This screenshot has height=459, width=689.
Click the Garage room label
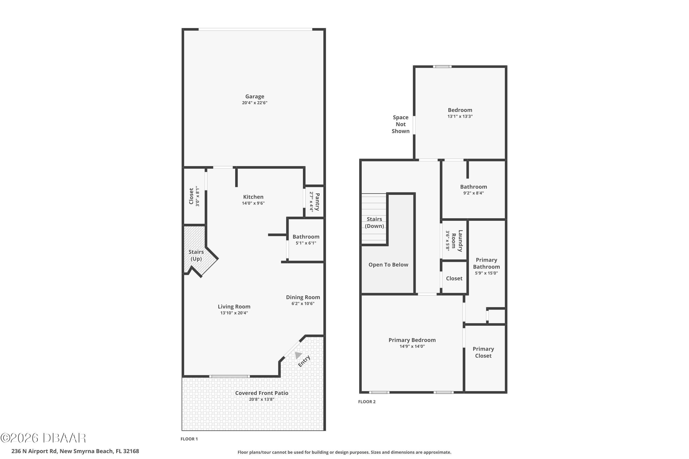pos(254,96)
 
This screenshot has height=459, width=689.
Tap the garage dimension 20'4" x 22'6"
pos(254,103)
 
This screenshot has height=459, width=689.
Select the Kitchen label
pos(253,197)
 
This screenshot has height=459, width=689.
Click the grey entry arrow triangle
pos(298,355)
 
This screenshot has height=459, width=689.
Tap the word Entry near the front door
pos(304,361)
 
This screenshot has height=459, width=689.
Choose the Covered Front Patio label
pos(262,393)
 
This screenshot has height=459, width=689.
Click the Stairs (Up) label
pos(196,255)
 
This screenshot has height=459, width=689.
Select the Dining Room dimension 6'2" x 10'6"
pos(303,304)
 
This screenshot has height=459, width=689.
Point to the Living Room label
pos(234,306)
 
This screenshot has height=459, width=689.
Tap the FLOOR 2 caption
pos(367,402)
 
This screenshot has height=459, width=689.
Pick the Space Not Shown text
pos(401,124)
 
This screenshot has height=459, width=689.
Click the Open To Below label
pos(388,265)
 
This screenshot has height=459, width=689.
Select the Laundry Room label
pos(457,241)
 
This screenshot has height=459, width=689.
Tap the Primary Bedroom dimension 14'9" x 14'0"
pos(412,346)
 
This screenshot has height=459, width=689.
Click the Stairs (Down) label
pos(374,222)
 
